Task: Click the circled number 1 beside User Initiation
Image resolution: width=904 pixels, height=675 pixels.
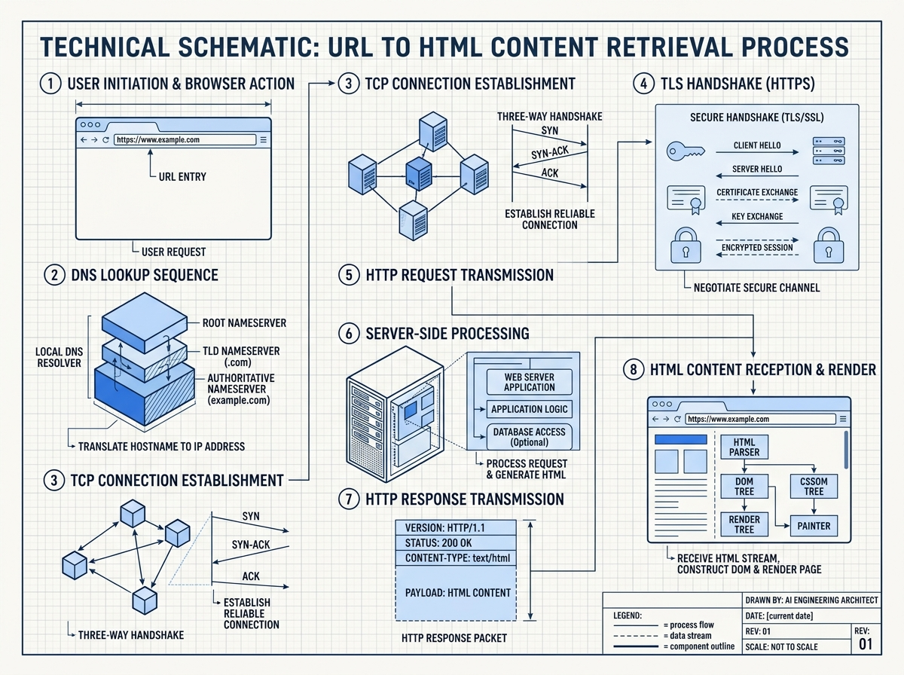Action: click(x=50, y=84)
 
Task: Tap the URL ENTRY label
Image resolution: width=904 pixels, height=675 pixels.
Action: click(x=182, y=177)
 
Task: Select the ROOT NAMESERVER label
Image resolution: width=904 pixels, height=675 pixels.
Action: click(x=244, y=323)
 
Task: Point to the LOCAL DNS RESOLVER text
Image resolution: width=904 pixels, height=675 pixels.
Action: click(x=58, y=357)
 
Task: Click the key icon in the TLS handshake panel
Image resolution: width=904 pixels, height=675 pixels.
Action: click(x=684, y=151)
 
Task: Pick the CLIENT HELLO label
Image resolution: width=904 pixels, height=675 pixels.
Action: click(x=757, y=145)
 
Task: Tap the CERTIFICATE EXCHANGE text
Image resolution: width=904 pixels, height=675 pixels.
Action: click(x=757, y=192)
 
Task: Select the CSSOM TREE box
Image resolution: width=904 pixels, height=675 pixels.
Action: click(x=814, y=486)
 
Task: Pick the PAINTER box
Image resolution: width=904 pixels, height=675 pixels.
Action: click(x=814, y=526)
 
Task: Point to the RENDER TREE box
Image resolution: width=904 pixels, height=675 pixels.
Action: click(x=744, y=524)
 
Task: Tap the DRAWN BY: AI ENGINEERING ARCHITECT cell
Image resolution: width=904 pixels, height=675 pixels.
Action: click(x=811, y=600)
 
